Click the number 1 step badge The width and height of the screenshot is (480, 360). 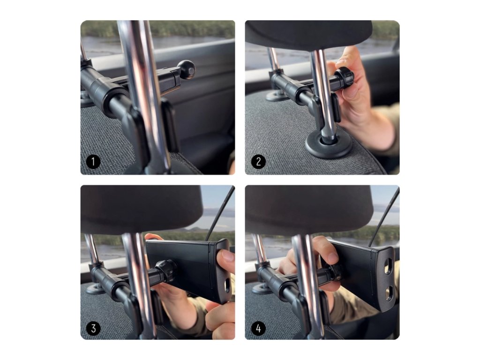[x=93, y=162]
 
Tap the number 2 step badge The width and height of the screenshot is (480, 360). [x=258, y=162]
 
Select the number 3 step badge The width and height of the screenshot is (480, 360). [x=93, y=328]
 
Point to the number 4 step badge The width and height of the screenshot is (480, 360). [x=258, y=328]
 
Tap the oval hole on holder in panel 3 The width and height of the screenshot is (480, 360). [x=227, y=285]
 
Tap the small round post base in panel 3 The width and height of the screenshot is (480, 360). [x=95, y=288]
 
